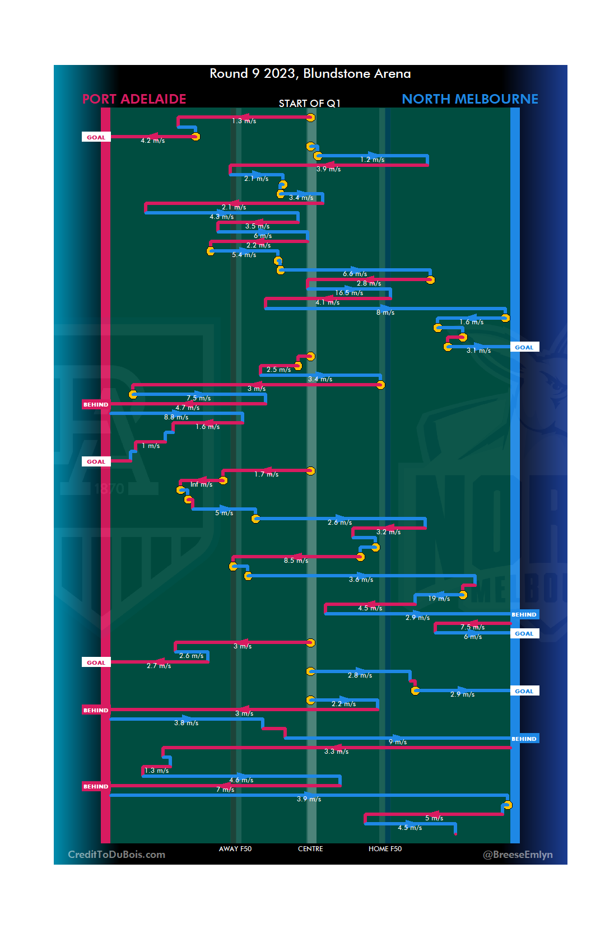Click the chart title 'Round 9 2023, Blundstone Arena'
310,74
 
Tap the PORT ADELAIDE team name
134,99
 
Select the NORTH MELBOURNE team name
469,99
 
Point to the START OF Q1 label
309,104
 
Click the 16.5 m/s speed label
349,293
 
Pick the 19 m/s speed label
439,599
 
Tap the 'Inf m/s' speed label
201,484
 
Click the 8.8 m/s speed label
176,417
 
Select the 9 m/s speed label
398,742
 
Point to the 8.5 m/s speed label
296,561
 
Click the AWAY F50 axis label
235,849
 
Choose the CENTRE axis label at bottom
310,849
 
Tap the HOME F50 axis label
385,849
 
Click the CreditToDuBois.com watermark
117,855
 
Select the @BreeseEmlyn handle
518,855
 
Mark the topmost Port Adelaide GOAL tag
96,137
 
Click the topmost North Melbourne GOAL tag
524,347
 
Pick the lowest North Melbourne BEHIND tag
524,739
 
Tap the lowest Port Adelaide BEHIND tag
96,786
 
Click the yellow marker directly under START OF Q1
310,118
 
